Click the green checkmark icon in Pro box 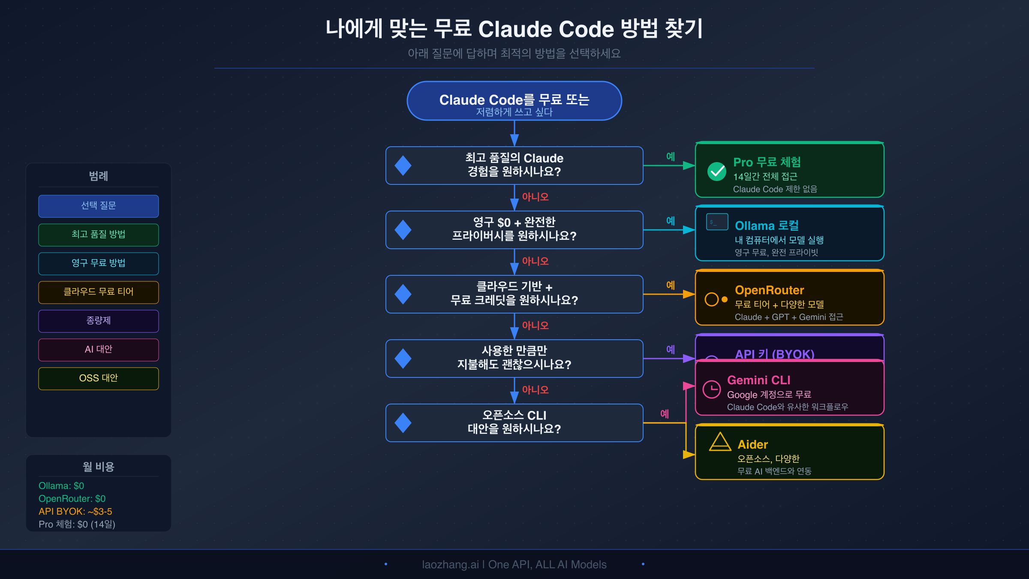pyautogui.click(x=716, y=172)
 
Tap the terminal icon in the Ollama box pyautogui.click(x=717, y=222)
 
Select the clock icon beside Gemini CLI pyautogui.click(x=712, y=389)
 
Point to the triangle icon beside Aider pyautogui.click(x=720, y=442)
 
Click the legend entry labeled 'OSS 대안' pyautogui.click(x=99, y=378)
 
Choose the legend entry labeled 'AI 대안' pyautogui.click(x=99, y=350)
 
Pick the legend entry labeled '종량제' pyautogui.click(x=99, y=321)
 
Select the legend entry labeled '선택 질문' pyautogui.click(x=99, y=206)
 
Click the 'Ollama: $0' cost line pyautogui.click(x=61, y=486)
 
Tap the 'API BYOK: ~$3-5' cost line pyautogui.click(x=75, y=512)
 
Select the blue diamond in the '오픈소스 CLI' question pyautogui.click(x=403, y=423)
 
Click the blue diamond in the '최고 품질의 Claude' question pyautogui.click(x=403, y=166)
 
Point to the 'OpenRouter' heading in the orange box pyautogui.click(x=769, y=290)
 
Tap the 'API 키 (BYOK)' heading pyautogui.click(x=774, y=354)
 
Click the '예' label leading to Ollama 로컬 pyautogui.click(x=671, y=221)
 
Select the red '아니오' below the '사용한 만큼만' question pyautogui.click(x=535, y=390)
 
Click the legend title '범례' pyautogui.click(x=99, y=176)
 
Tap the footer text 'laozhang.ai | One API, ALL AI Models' pyautogui.click(x=514, y=564)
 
